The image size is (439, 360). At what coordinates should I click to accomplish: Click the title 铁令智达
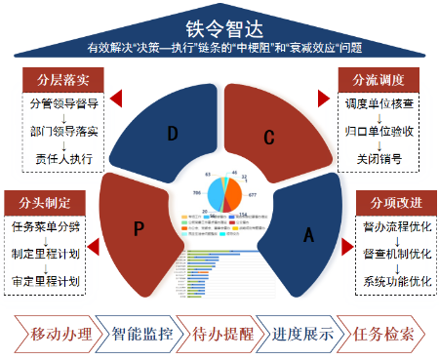218,28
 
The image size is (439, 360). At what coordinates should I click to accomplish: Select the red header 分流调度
376,78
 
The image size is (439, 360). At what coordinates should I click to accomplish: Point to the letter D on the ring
173,134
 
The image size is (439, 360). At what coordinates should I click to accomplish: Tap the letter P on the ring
140,228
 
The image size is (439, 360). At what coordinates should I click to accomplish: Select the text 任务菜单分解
45,227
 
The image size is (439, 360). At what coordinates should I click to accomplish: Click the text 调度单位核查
376,101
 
